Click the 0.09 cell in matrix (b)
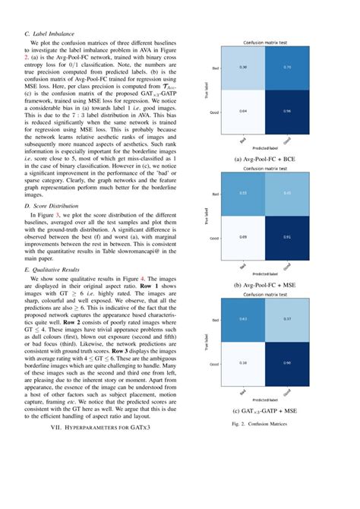(243, 237)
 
